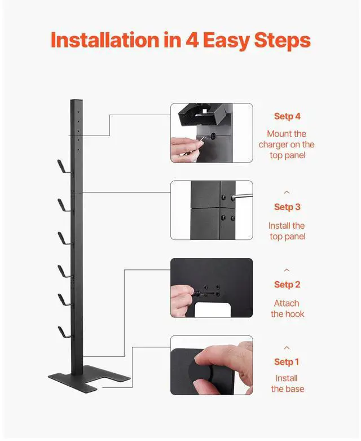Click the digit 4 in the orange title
click(192, 40)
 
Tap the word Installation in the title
click(105, 40)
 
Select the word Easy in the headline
click(226, 41)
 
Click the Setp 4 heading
click(287, 116)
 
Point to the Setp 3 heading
click(287, 207)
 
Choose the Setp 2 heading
click(287, 285)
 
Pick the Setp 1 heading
click(287, 362)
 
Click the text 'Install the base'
click(287, 383)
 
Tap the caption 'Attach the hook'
click(287, 308)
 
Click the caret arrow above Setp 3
click(287, 193)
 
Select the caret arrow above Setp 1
click(287, 348)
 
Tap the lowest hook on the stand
click(64, 333)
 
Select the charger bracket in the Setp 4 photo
click(201, 115)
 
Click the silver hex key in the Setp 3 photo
click(242, 197)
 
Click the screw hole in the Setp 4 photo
click(213, 137)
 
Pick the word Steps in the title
click(283, 41)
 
